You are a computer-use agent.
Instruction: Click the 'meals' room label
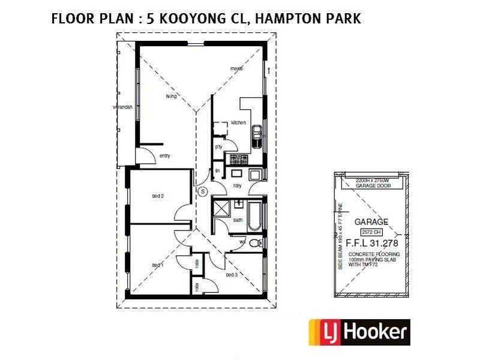(236, 68)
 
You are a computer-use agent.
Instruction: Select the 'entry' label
(164, 156)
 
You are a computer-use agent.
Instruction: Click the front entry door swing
(145, 155)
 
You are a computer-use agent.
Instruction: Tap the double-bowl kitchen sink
(257, 133)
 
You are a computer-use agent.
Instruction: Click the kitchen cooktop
(233, 158)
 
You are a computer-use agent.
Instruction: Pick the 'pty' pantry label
(219, 146)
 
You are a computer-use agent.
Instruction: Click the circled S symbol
(202, 191)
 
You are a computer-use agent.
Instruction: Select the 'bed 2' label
(158, 196)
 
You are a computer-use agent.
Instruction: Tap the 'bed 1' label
(157, 265)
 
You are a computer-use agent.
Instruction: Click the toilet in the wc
(254, 243)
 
